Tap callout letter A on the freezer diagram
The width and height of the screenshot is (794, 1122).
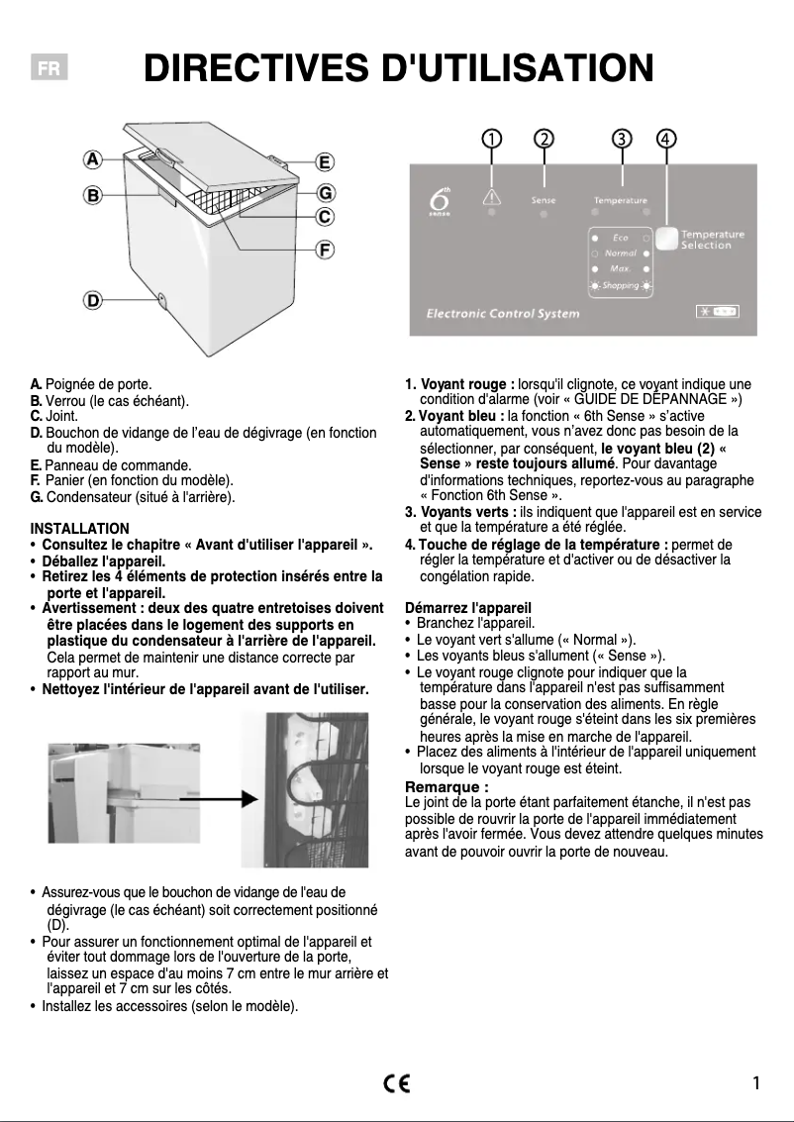pos(92,158)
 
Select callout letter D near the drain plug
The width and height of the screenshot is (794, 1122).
pos(92,299)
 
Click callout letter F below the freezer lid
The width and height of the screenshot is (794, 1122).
pos(324,249)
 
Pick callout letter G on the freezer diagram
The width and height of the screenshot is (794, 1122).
pos(324,192)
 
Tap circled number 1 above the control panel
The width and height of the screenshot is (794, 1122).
pos(491,139)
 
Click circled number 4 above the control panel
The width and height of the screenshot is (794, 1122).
pos(667,139)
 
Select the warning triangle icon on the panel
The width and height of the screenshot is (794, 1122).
pos(491,197)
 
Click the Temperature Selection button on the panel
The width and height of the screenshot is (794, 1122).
pos(667,239)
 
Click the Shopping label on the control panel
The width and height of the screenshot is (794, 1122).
pos(620,285)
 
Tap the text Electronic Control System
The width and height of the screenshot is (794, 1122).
pos(503,314)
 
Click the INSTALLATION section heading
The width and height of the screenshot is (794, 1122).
pos(79,529)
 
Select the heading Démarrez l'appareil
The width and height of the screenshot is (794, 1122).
pos(468,607)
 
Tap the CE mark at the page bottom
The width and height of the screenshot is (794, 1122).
pos(397,1082)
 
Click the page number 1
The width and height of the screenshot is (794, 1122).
pos(756,1082)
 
